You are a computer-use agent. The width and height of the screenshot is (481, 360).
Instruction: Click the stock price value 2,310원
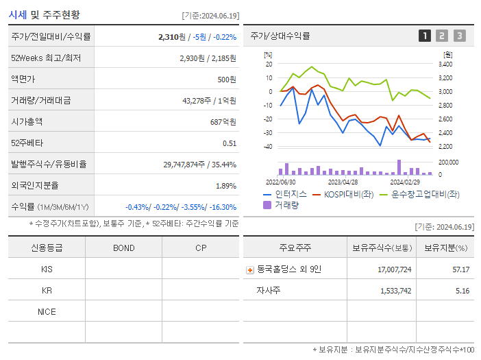(x=172, y=37)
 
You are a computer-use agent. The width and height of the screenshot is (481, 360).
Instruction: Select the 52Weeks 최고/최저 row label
(x=46, y=58)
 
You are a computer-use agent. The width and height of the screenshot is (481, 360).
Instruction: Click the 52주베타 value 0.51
(x=229, y=143)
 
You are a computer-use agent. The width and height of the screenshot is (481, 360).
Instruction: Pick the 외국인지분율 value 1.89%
(x=225, y=186)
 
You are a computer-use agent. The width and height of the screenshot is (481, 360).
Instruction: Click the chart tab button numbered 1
(x=425, y=36)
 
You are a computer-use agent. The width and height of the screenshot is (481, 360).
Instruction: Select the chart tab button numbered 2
(x=442, y=36)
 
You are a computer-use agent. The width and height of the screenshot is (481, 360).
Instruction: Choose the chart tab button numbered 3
(x=459, y=36)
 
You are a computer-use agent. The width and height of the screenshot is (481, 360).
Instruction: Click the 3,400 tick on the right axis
(x=445, y=64)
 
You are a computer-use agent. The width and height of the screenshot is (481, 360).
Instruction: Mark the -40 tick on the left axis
(x=268, y=147)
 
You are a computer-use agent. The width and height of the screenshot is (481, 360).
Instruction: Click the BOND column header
(x=123, y=248)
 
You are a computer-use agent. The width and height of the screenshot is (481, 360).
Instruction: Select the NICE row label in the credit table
(x=47, y=311)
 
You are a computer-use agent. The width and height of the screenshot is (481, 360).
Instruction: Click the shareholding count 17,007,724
(x=394, y=269)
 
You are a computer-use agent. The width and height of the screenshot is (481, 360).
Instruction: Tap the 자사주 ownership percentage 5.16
(x=462, y=291)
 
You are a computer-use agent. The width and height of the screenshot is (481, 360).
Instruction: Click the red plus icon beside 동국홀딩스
(x=250, y=270)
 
